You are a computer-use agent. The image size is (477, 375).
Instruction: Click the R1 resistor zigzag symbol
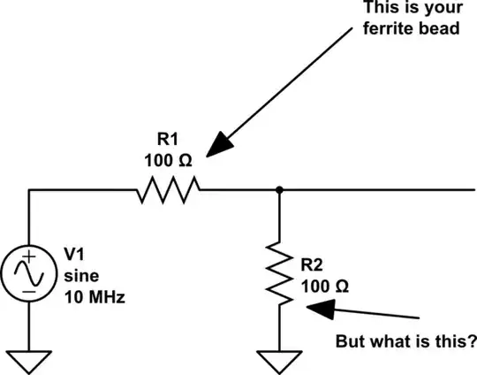169,188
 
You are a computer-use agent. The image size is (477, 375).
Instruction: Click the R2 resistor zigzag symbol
279,273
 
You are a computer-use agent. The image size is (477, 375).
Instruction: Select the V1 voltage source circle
29,273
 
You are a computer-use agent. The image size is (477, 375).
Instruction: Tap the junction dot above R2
279,188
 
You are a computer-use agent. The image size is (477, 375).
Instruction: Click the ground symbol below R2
279,361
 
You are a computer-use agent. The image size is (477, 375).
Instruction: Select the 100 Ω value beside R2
325,286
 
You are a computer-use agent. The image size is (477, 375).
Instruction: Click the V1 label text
76,255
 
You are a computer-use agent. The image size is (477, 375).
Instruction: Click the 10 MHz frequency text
95,297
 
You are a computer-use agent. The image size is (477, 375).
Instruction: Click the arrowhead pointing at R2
319,309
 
